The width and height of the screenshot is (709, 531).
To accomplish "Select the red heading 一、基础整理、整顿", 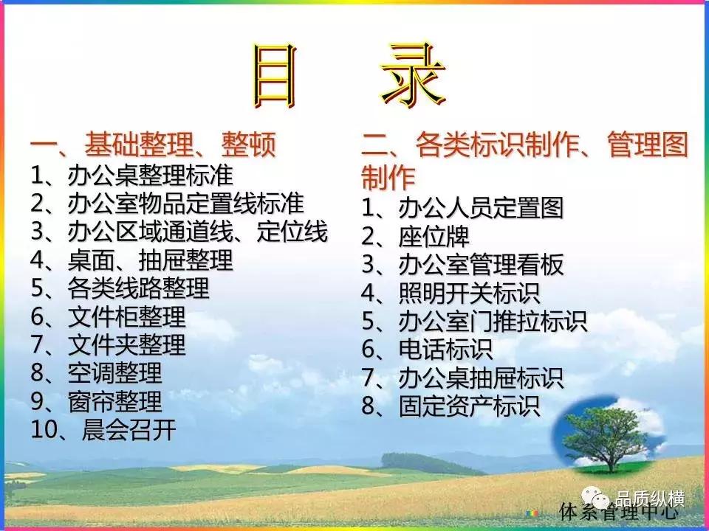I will pyautogui.click(x=153, y=145).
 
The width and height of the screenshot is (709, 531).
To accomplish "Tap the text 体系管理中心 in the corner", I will pyautogui.click(x=619, y=511).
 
